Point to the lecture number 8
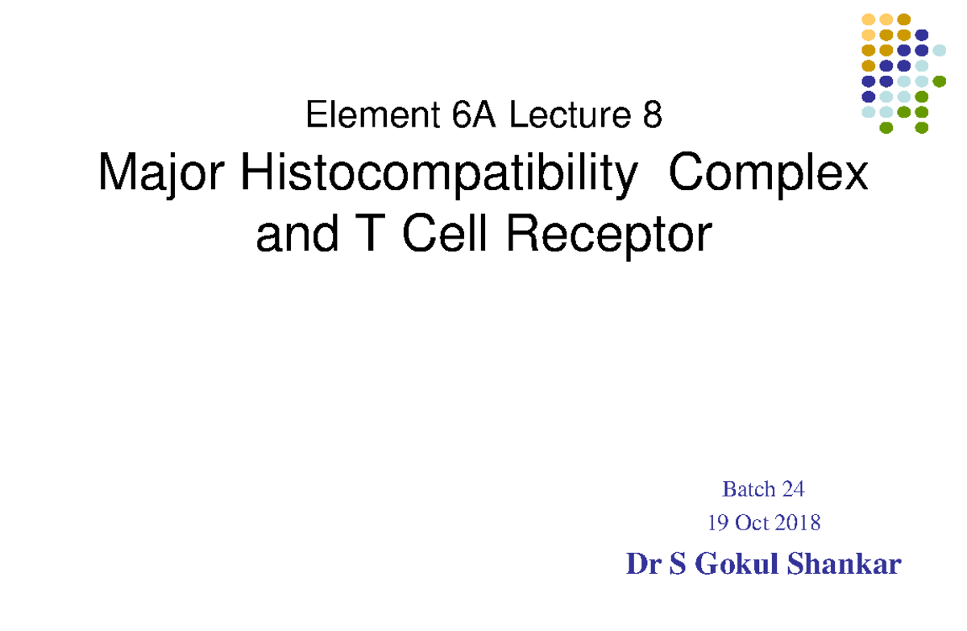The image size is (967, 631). tap(652, 117)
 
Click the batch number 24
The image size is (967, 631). tap(793, 489)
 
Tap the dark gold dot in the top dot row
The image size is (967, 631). tap(903, 19)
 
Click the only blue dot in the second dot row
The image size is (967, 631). tap(921, 35)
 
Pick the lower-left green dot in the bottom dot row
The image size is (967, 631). tap(886, 127)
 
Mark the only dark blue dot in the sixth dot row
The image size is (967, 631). tap(868, 97)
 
